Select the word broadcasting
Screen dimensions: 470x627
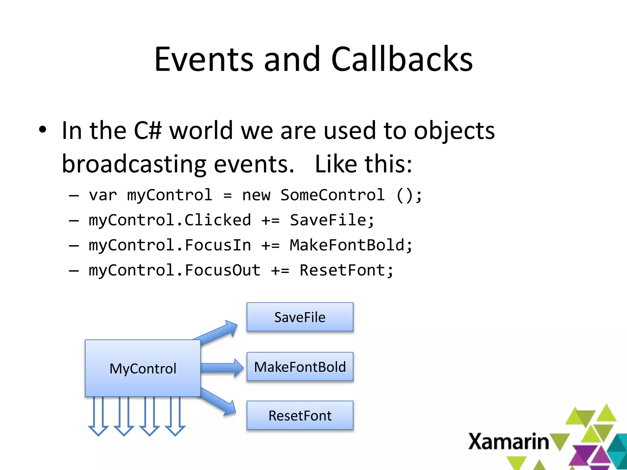coord(134,164)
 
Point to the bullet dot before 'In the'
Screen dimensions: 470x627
coord(43,130)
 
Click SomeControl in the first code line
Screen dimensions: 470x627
coord(332,195)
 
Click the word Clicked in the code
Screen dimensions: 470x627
coord(217,220)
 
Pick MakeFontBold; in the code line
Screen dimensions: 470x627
coord(351,245)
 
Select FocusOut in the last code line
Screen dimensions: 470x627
coord(222,270)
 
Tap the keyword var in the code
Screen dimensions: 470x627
coord(103,195)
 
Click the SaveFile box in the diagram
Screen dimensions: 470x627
coord(300,317)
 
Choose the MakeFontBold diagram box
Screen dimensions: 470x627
coord(300,367)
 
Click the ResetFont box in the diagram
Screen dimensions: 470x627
coord(300,416)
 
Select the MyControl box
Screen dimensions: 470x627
coord(143,368)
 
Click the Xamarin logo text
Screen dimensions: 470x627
coord(508,442)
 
